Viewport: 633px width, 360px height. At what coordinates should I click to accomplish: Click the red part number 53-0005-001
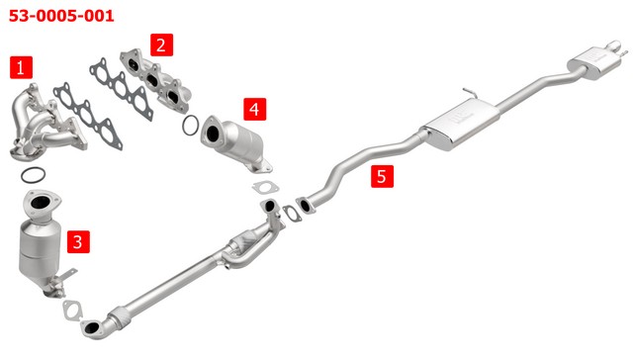(61, 16)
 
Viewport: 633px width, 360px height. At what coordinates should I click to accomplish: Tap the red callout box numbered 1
(21, 67)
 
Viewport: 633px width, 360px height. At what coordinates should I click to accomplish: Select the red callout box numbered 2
(162, 45)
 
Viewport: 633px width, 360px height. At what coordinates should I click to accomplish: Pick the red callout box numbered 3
(78, 241)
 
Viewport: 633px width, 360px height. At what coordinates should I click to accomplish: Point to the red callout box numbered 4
(255, 109)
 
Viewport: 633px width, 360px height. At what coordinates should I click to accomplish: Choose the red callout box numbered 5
(383, 176)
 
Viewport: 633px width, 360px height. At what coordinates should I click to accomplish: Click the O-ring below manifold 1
(33, 175)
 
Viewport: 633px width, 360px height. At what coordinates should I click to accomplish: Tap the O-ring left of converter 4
(191, 126)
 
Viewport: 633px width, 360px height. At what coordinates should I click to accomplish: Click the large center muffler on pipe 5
(460, 125)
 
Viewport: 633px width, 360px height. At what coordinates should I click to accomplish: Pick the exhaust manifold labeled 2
(156, 80)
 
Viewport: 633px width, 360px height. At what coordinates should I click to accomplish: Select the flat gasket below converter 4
(265, 187)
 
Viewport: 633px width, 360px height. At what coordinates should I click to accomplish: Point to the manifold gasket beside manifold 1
(88, 116)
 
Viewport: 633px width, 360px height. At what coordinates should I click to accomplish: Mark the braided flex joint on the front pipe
(119, 316)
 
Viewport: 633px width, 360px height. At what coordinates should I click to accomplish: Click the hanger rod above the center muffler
(471, 92)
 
